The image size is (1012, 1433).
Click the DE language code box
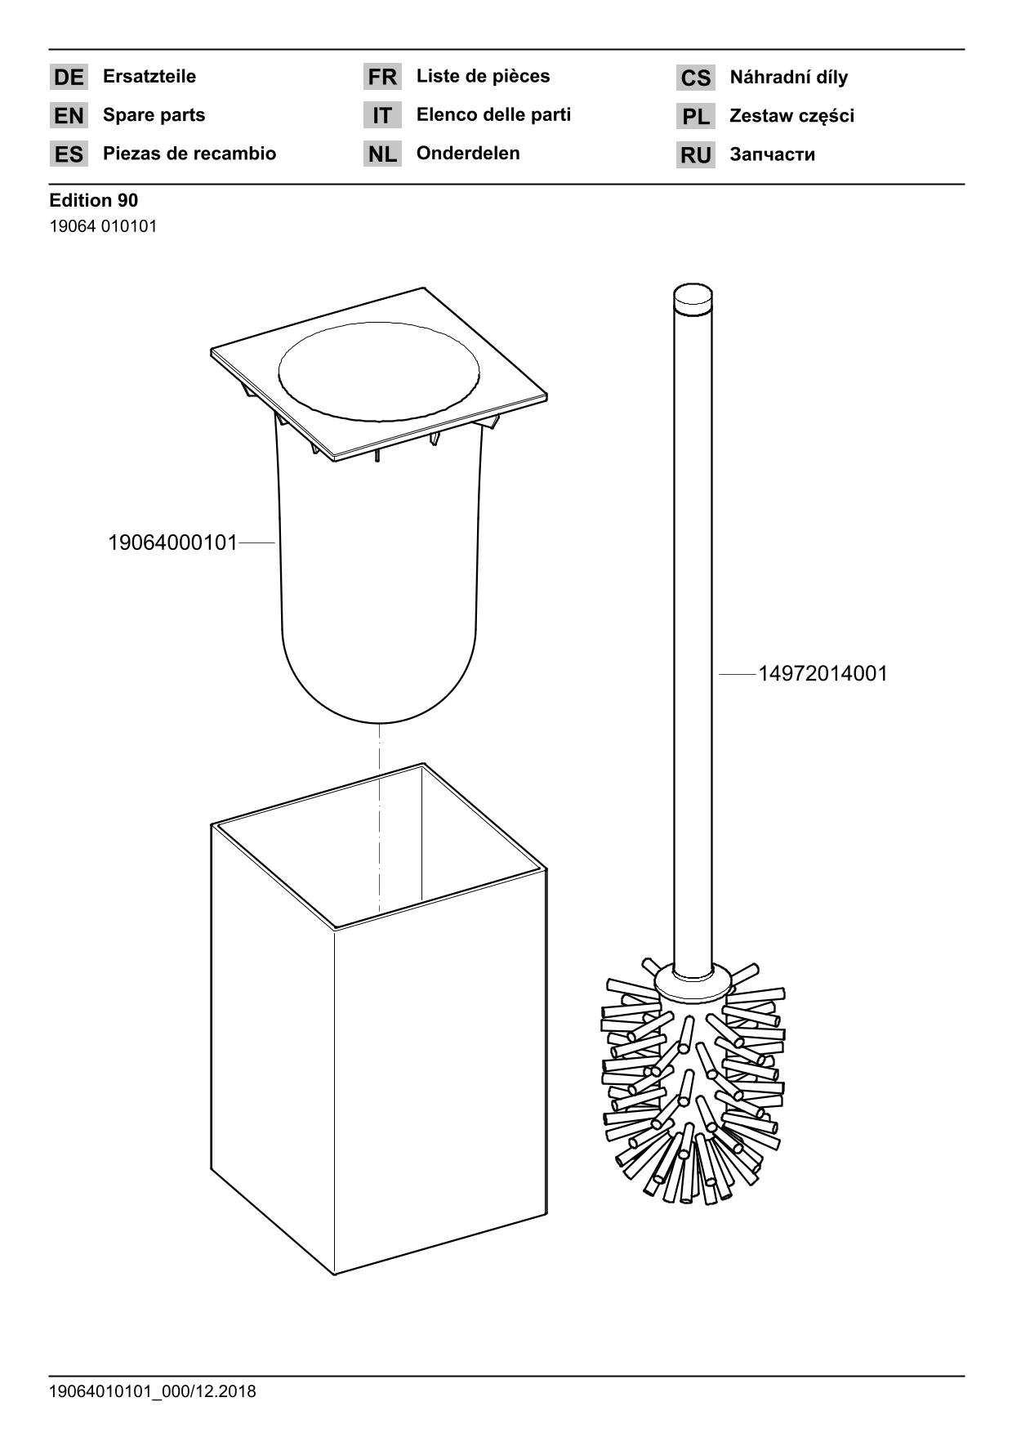[x=69, y=78]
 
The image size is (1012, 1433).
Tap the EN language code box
[x=69, y=116]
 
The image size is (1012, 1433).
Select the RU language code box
[x=696, y=155]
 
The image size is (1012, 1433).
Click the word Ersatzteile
[x=149, y=77]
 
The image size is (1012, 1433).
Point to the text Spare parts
[x=154, y=115]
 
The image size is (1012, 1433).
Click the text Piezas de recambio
[x=189, y=154]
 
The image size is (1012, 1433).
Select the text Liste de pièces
[x=484, y=77]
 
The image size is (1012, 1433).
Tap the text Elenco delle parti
[x=494, y=115]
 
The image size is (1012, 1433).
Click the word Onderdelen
[x=468, y=154]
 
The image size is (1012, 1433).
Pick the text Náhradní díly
[x=789, y=78]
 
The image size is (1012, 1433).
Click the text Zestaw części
[x=792, y=116]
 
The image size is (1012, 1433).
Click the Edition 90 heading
[x=94, y=200]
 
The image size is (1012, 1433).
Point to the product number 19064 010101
[x=104, y=226]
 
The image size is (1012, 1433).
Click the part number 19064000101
[x=172, y=542]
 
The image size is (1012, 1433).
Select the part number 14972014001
[x=823, y=674]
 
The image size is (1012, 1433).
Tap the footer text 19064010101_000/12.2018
[x=153, y=1391]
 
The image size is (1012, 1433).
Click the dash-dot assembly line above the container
[x=379, y=818]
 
